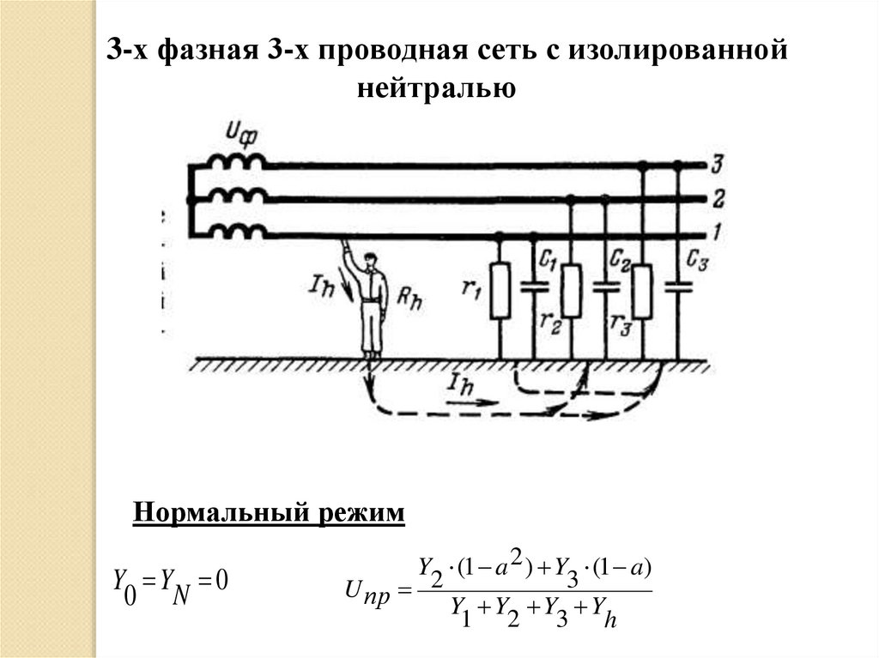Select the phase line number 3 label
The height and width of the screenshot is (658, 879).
(718, 163)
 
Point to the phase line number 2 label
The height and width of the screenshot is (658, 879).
(718, 199)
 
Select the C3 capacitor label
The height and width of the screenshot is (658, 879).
(697, 259)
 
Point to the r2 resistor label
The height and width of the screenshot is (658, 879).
(551, 322)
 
